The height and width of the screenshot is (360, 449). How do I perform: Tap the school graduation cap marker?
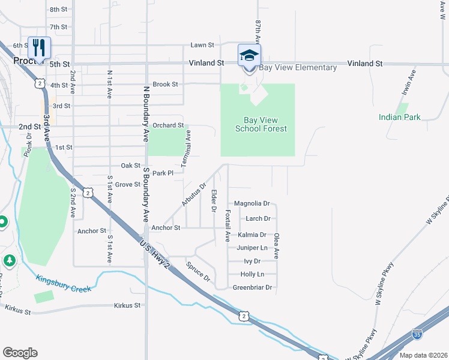249,56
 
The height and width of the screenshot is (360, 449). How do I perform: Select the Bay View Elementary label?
298,67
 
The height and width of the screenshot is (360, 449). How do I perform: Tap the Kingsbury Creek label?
64,283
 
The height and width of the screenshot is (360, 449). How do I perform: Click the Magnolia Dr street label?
252,204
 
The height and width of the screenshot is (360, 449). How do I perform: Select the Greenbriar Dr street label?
252,287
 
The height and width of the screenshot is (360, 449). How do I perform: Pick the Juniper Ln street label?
252,247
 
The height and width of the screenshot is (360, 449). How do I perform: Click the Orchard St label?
167,125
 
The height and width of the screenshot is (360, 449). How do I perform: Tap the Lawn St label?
202,45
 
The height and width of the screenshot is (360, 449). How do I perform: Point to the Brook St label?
166,85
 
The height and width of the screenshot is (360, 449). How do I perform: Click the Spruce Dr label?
198,271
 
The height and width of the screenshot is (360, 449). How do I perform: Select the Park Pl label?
163,173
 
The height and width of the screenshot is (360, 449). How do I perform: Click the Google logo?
20,353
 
